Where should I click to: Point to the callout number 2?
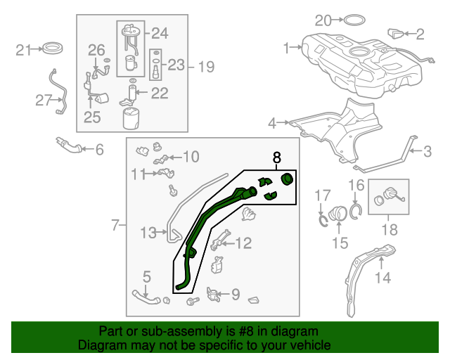point(420,33)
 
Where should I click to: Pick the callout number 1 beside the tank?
point(287,48)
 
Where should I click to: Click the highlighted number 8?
point(276,158)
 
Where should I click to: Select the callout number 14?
point(382,278)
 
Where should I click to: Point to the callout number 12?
point(243,243)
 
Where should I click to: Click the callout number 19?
point(205,67)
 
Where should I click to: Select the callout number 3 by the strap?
point(426,150)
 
